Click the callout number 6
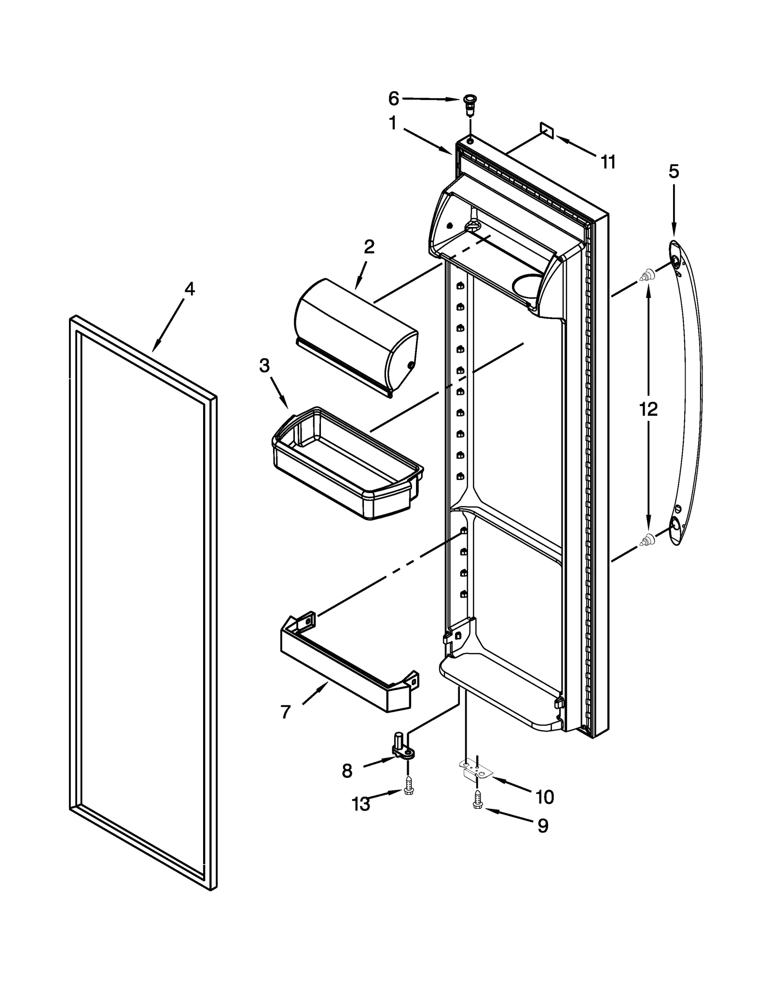point(393,99)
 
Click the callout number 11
point(608,162)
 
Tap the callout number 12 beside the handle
point(648,409)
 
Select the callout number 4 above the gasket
point(190,289)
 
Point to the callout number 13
point(360,804)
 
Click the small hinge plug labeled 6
point(468,104)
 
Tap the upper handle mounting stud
point(647,276)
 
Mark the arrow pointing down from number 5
point(674,208)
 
